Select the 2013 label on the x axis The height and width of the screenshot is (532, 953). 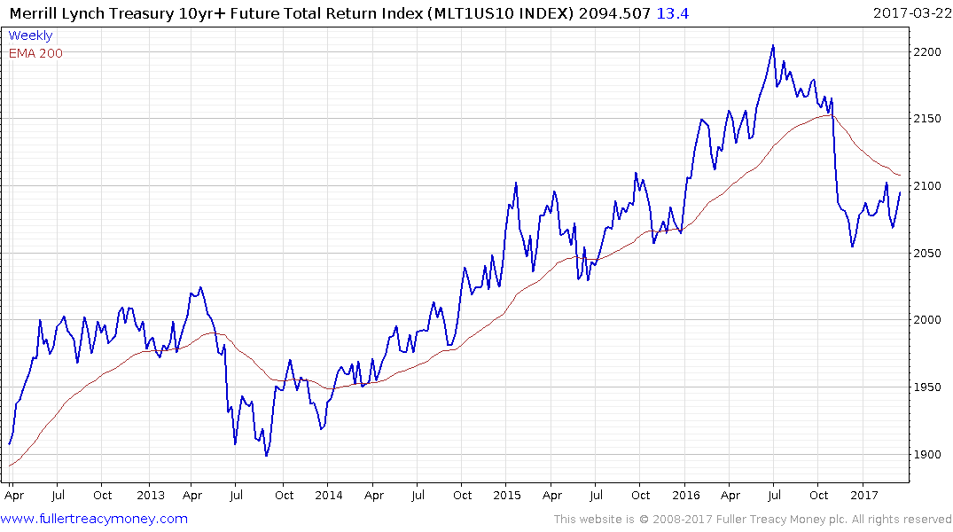(151, 496)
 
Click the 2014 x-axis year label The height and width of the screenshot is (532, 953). (329, 496)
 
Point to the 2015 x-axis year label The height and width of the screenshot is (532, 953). (507, 496)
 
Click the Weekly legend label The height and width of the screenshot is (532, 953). (30, 35)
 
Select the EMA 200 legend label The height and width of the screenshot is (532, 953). (35, 53)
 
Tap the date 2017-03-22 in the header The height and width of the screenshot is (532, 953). (910, 12)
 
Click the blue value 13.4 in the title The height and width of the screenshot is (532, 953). (672, 12)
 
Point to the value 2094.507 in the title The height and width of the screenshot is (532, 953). (620, 12)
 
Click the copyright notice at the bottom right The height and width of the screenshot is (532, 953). (753, 519)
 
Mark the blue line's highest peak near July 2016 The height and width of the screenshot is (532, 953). (773, 45)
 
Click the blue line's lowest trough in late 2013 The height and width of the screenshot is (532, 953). (266, 456)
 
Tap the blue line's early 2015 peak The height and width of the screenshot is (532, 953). (515, 183)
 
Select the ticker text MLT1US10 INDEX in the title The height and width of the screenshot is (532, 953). (510, 12)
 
